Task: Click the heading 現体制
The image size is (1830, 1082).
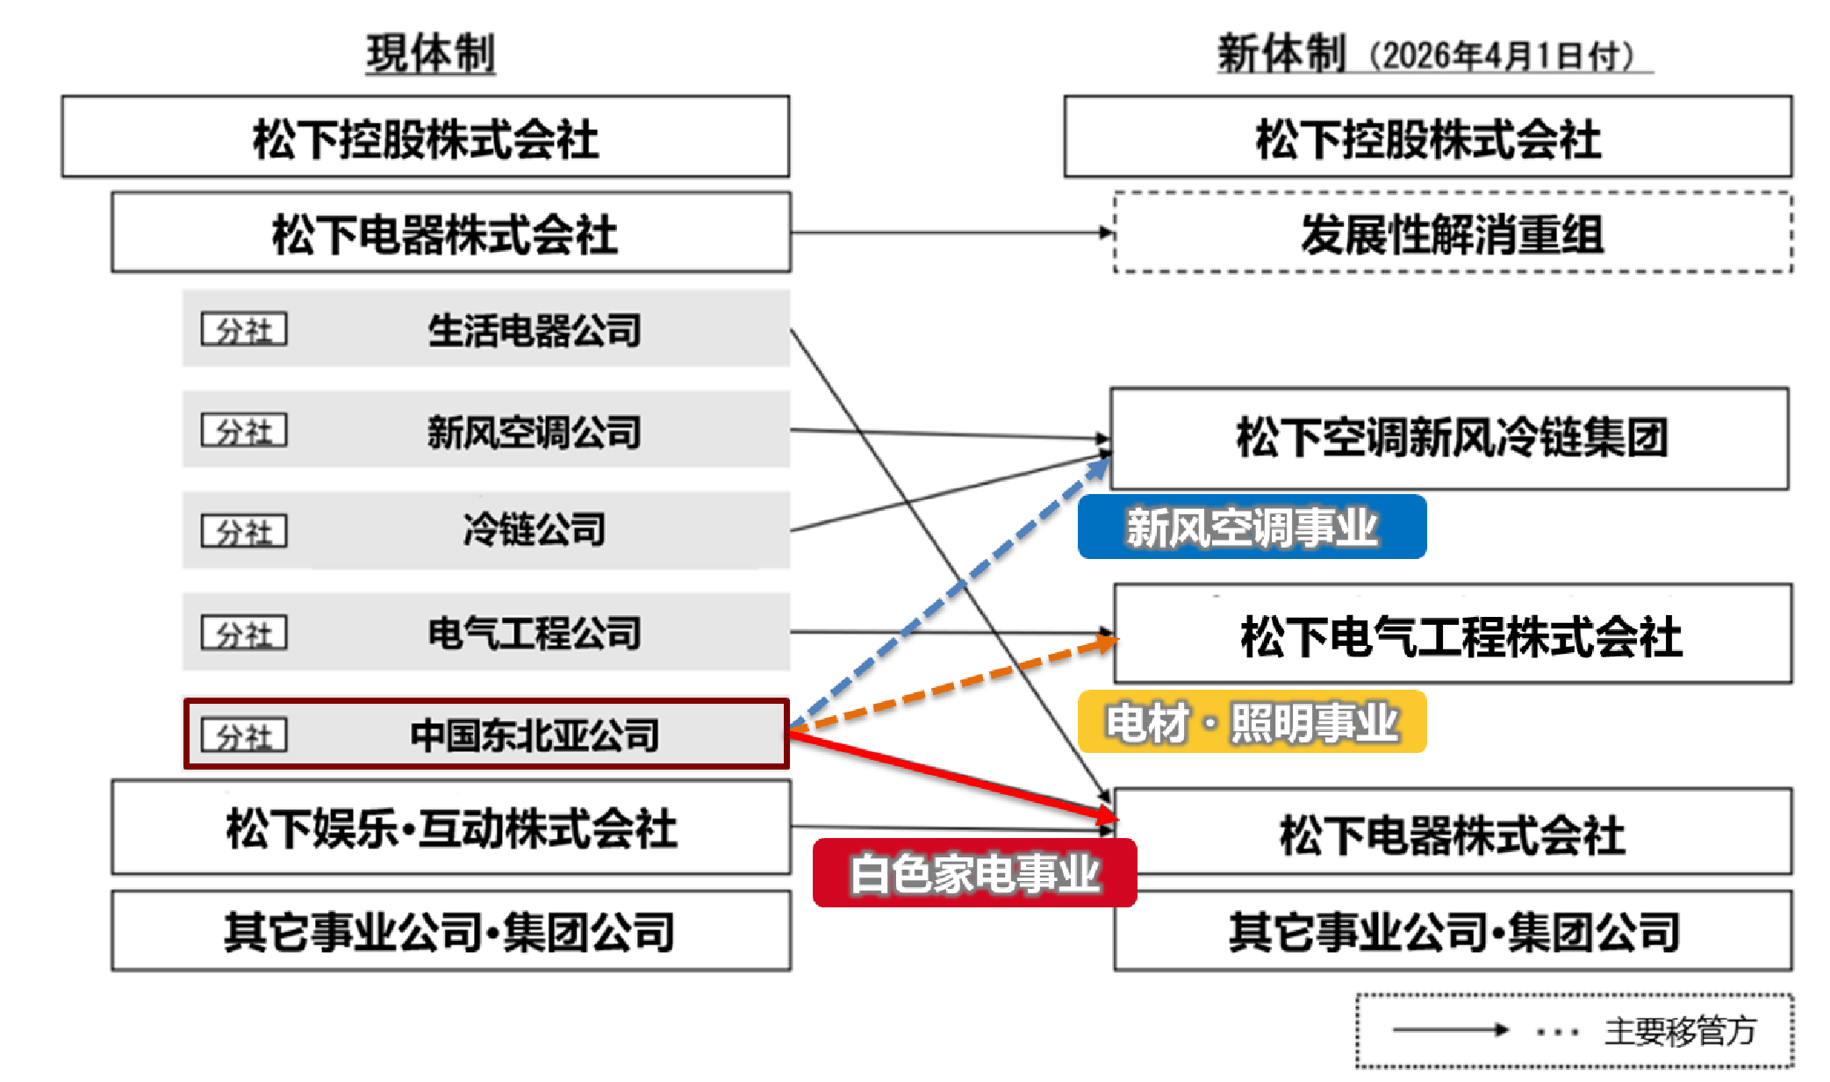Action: pos(430,54)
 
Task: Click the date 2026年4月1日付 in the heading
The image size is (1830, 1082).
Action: pos(1501,56)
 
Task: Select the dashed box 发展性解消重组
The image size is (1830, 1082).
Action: pos(1453,233)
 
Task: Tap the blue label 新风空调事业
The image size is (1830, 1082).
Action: pos(1252,527)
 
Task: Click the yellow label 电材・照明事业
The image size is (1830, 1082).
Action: pos(1252,723)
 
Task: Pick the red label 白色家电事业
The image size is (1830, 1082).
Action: pos(974,874)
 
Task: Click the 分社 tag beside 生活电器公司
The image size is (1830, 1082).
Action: pos(244,330)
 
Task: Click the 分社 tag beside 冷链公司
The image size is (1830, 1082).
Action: pos(244,531)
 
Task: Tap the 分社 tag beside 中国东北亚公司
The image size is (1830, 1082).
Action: pos(244,735)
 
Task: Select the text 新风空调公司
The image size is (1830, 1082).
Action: pos(534,432)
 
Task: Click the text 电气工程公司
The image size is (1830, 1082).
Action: pos(534,633)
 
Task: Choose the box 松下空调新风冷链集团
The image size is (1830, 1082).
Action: pos(1450,438)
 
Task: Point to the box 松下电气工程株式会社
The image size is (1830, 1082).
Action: pos(1453,634)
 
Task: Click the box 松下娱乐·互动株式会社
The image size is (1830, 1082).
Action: pos(451,828)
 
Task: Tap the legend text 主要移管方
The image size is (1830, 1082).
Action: pos(1679,1031)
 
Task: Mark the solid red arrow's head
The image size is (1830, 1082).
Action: pos(1109,817)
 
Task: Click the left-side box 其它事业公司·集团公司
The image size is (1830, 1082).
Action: pos(451,931)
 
